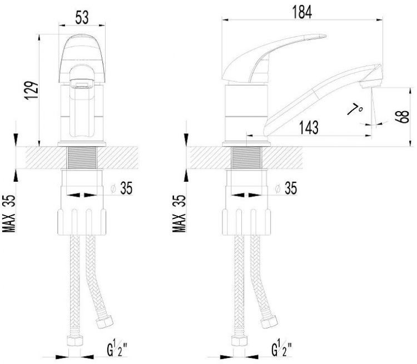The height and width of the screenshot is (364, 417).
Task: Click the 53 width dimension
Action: click(82, 18)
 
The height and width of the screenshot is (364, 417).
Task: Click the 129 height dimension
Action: click(31, 91)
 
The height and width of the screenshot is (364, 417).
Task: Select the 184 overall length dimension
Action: click(302, 12)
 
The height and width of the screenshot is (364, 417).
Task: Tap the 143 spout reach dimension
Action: click(309, 127)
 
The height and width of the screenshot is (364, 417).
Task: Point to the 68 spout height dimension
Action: click(402, 117)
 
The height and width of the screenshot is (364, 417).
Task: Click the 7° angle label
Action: click(355, 109)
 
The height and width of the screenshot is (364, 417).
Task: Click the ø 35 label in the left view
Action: click(122, 188)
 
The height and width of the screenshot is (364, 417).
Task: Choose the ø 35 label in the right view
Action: click(286, 188)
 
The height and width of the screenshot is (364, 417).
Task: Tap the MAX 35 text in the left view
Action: click(9, 213)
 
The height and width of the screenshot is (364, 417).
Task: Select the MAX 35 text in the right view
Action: click(178, 213)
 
